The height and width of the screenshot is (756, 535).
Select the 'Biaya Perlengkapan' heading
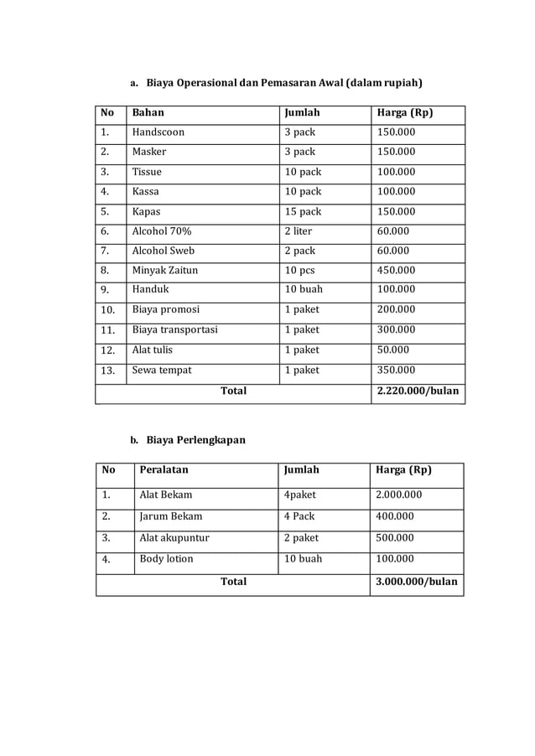point(195,440)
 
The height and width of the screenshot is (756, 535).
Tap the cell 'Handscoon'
point(158,132)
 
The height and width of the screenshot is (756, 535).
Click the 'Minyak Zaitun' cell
point(166,270)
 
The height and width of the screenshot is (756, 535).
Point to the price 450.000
point(396,270)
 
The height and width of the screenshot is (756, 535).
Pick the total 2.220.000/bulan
point(418,391)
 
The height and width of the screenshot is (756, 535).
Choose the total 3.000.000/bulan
point(417,581)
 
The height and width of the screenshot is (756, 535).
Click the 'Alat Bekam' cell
point(166,495)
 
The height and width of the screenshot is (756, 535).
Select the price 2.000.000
point(399,495)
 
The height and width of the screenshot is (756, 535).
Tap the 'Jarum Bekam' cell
point(170,516)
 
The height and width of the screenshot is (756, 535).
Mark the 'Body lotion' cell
point(166,559)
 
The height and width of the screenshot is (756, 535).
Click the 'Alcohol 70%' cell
point(161,231)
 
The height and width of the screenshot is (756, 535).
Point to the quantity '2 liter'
point(299,231)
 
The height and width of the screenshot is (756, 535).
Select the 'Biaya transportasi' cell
point(174,329)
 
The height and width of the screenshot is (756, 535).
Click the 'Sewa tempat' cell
point(162,370)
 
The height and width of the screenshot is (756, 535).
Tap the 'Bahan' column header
point(148,112)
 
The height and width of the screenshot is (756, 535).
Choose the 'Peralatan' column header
point(164,470)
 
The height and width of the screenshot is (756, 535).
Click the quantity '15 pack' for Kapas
point(303,211)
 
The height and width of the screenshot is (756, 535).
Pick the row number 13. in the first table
point(106,370)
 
